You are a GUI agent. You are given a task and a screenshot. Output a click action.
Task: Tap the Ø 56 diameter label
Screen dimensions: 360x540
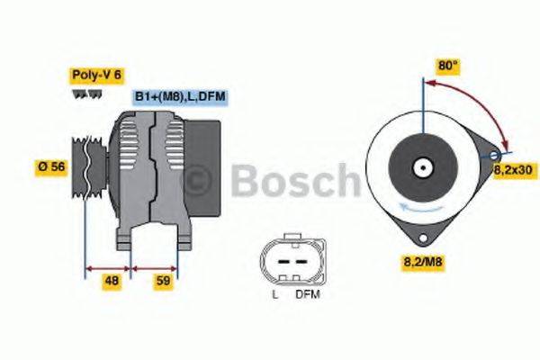coord(50,167)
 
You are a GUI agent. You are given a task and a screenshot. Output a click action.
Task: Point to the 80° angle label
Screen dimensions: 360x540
coord(447,66)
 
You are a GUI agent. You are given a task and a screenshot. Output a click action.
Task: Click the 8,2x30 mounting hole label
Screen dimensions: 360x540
coord(515,168)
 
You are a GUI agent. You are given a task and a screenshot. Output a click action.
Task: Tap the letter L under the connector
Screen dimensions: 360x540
coord(274,293)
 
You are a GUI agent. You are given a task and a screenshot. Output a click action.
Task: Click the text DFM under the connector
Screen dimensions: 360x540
coord(307,293)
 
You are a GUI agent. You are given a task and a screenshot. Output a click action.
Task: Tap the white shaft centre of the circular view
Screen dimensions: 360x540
coord(421,167)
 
